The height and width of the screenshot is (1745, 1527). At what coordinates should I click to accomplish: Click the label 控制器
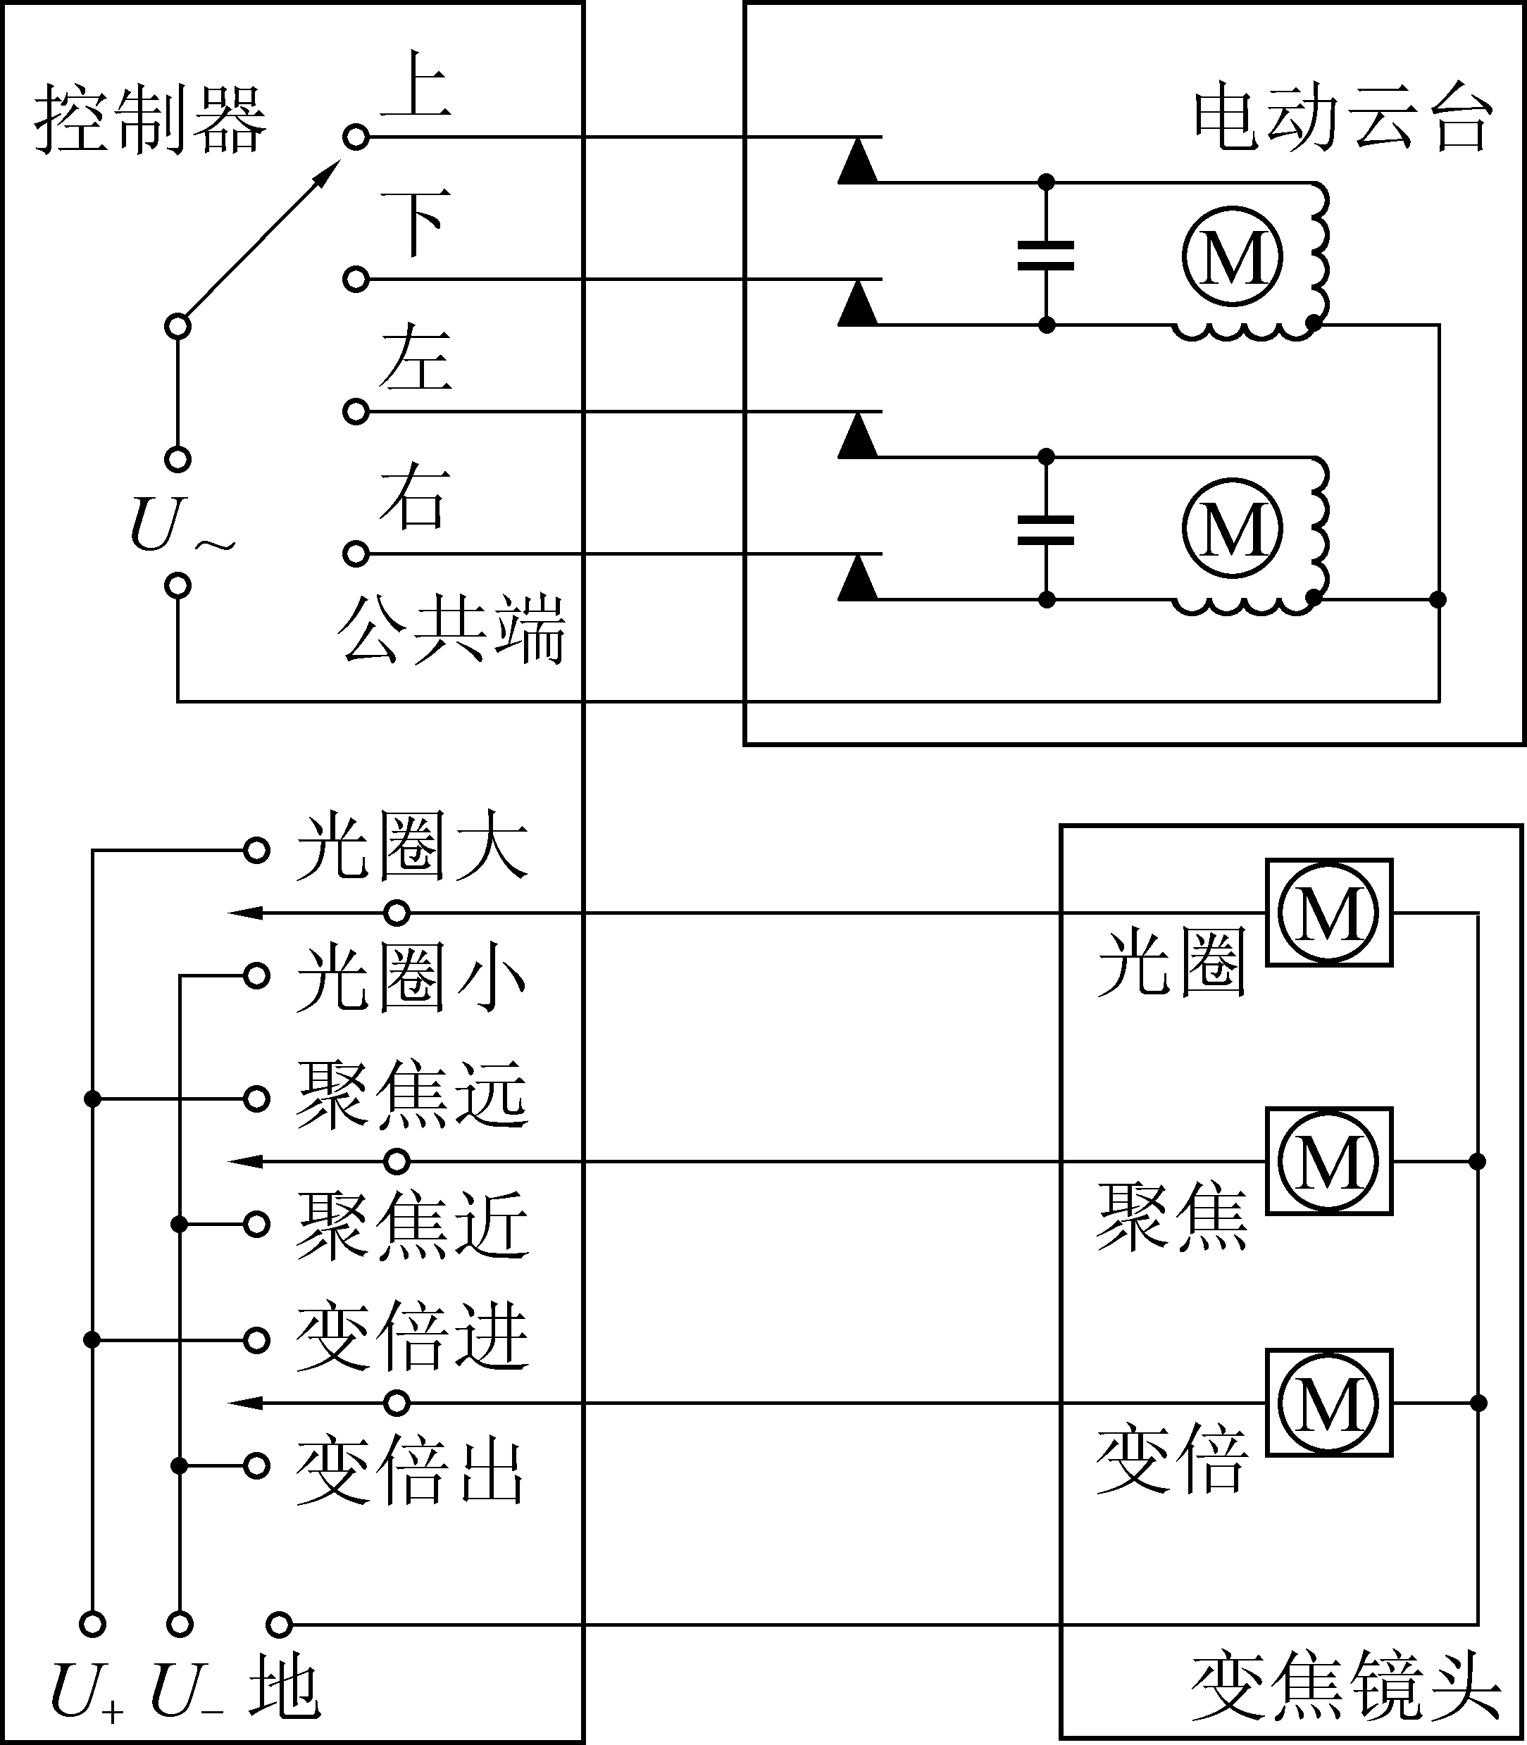150,119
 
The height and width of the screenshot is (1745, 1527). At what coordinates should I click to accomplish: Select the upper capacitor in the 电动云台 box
1047,255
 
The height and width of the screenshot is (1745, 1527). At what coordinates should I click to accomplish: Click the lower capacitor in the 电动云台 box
1047,529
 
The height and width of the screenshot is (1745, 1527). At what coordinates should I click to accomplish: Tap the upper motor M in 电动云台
1232,256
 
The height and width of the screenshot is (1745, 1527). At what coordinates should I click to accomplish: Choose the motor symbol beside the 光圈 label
1328,913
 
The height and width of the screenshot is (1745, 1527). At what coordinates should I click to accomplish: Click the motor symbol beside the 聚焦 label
1328,1161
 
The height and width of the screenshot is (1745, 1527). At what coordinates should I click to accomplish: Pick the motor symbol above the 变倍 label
1328,1403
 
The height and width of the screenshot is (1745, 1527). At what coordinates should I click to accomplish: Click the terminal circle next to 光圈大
256,851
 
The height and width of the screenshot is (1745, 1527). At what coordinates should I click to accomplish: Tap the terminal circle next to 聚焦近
256,1225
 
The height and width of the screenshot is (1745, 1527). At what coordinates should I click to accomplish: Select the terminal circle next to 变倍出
256,1465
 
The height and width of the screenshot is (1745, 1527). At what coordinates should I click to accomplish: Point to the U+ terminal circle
93,1624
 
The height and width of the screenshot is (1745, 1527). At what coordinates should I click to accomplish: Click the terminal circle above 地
280,1624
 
